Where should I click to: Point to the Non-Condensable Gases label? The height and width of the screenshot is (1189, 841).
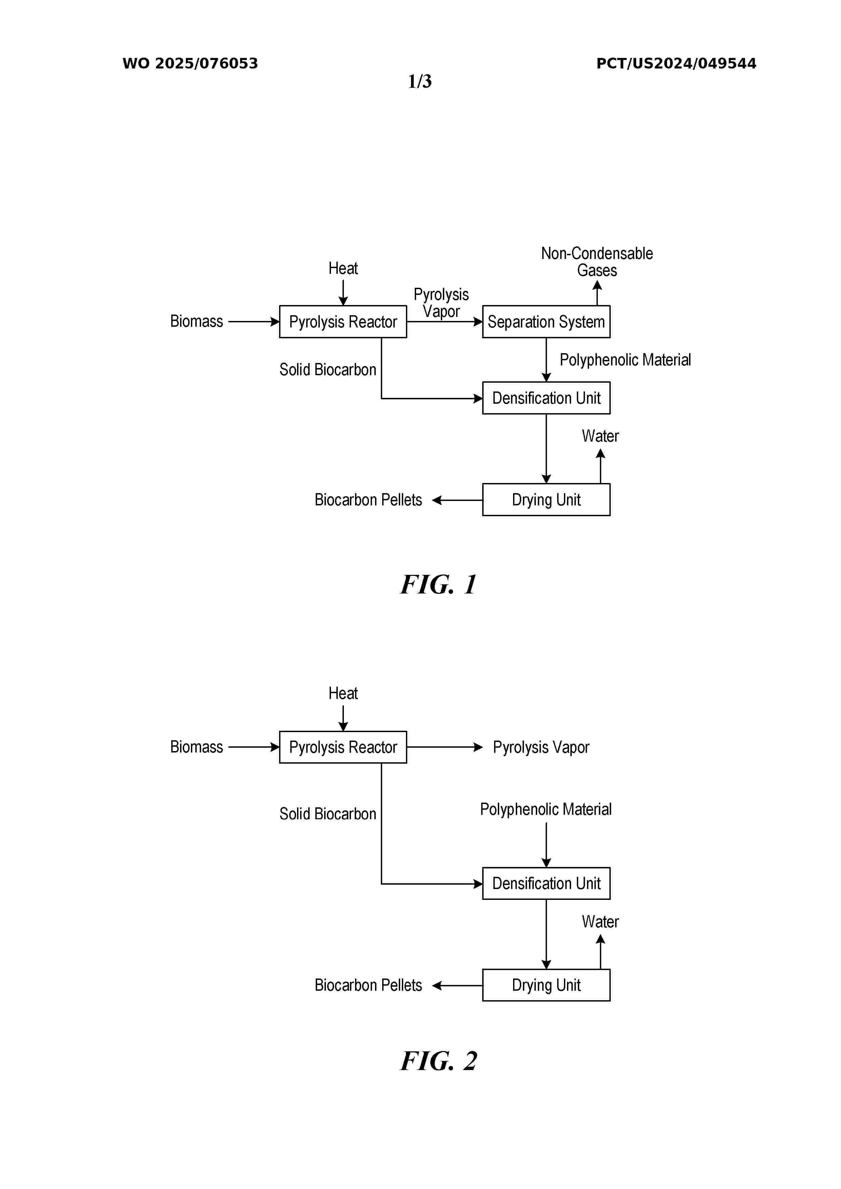tap(597, 262)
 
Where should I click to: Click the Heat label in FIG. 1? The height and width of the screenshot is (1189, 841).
tap(343, 268)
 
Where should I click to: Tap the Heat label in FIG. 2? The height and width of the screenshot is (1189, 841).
tap(343, 693)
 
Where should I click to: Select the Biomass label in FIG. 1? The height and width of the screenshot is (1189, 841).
tap(196, 321)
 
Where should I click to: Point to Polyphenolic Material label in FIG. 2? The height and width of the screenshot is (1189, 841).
tap(546, 809)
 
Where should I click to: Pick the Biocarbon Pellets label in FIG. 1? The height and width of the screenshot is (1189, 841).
tap(368, 500)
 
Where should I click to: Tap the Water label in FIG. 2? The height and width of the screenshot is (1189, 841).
tap(600, 921)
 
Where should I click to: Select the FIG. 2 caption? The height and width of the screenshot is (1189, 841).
tap(438, 1061)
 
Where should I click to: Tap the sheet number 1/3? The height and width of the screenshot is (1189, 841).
tap(420, 81)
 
